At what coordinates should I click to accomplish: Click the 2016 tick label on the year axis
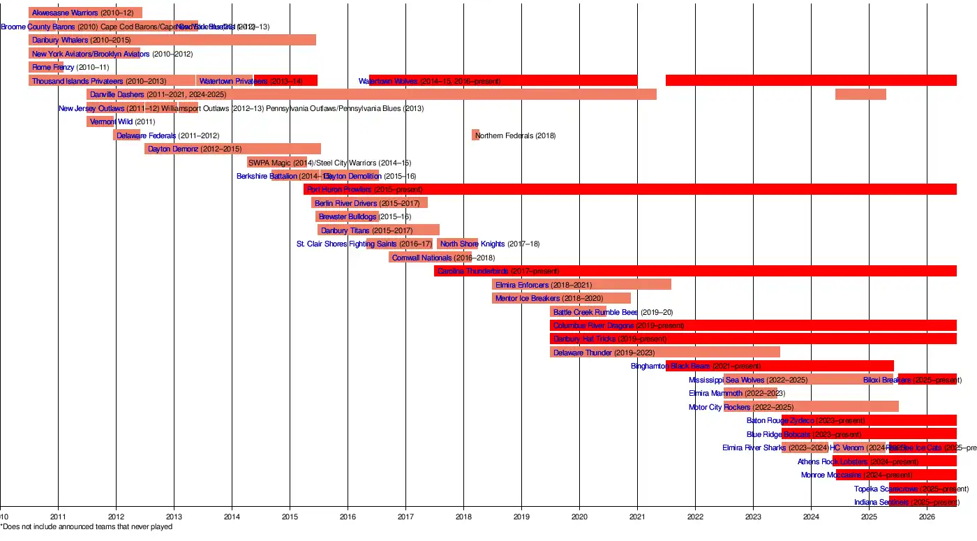click(x=348, y=517)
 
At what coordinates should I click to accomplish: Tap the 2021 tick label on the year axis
click(x=637, y=517)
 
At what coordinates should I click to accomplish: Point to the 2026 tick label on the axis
click(x=927, y=517)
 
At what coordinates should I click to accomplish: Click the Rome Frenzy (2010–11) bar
click(x=46, y=67)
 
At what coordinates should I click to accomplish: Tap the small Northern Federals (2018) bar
click(x=476, y=135)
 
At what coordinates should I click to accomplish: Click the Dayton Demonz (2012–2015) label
click(x=195, y=149)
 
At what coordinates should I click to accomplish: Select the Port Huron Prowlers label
click(x=339, y=189)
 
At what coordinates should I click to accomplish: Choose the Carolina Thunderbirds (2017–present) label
click(x=498, y=271)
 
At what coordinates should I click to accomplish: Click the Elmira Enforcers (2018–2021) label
click(x=544, y=285)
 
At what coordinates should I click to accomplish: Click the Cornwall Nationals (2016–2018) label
click(x=443, y=258)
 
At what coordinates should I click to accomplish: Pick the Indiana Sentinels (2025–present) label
click(x=907, y=502)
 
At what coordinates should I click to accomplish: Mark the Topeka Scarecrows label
click(x=886, y=489)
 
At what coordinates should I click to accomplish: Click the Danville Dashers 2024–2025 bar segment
click(x=860, y=94)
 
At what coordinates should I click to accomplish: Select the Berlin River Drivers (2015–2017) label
click(x=367, y=203)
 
